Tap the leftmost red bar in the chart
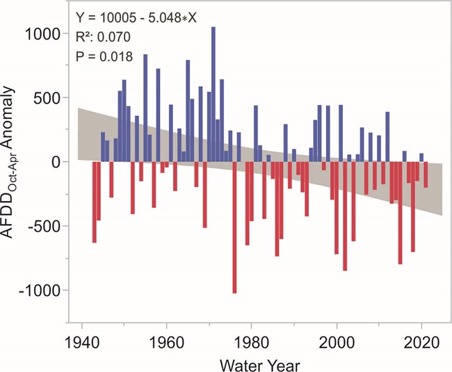94,202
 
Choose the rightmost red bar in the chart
426,175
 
